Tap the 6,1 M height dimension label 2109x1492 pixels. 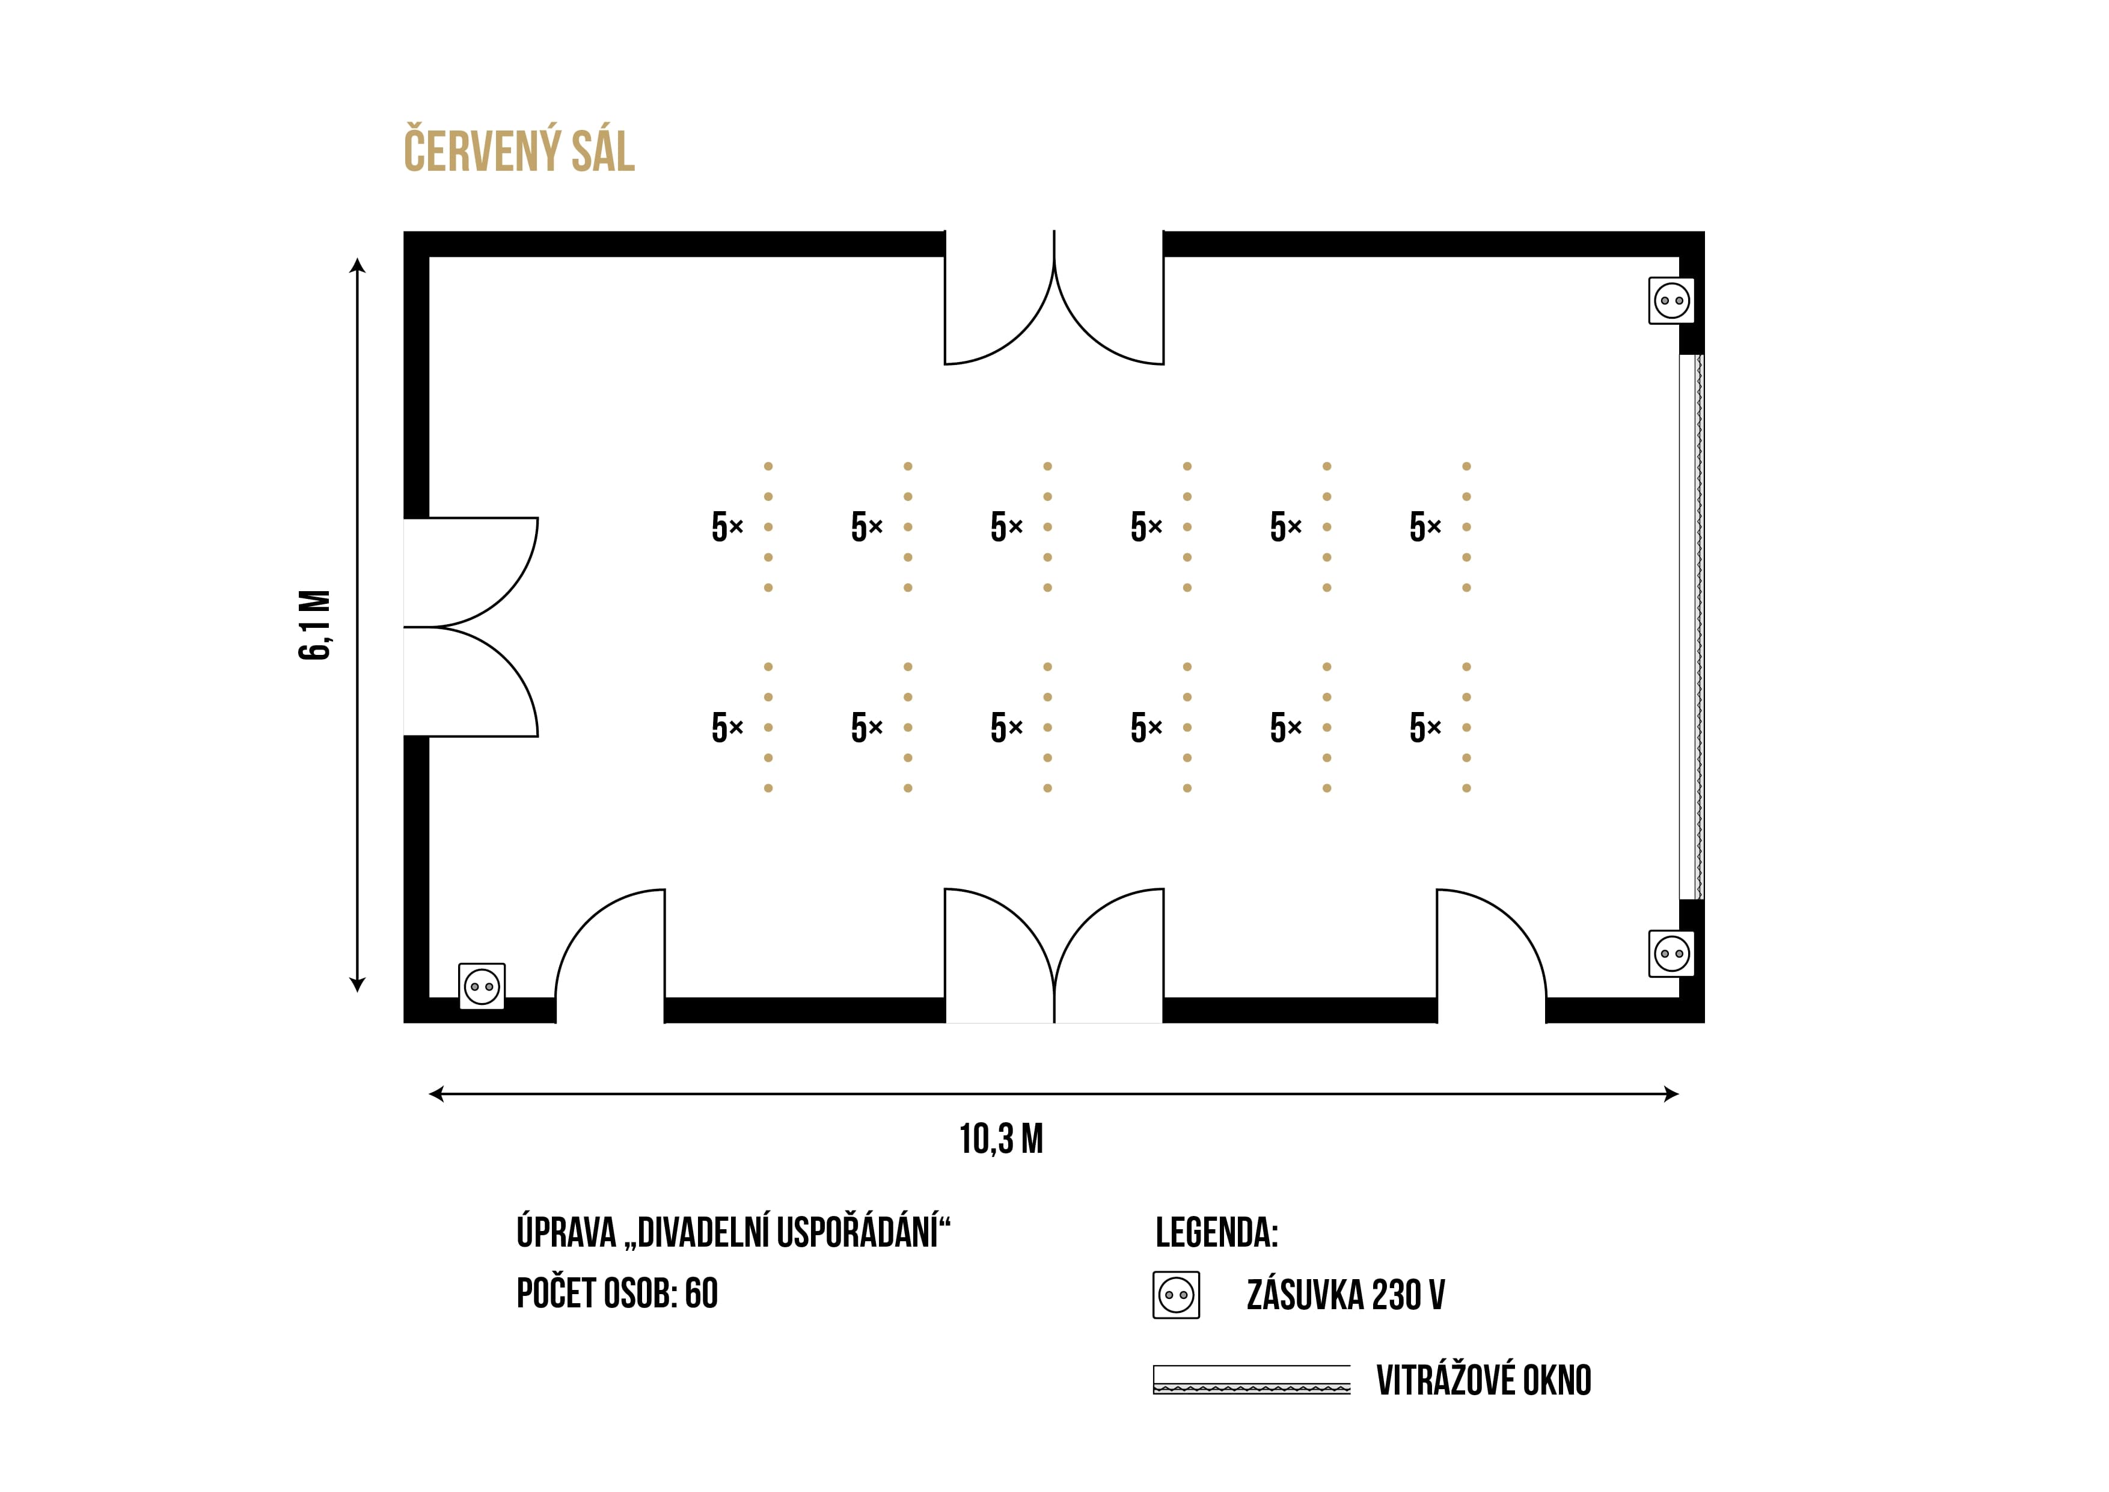coord(314,625)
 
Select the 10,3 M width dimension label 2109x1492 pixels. coord(1001,1139)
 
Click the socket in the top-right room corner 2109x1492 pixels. coord(1672,301)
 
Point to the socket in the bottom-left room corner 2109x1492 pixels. coord(482,987)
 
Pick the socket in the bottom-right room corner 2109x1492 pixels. coord(1672,954)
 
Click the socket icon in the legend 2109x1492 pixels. coord(1177,1295)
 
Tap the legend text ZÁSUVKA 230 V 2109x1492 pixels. coord(1345,1295)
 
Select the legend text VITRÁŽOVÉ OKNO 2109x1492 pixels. coord(1484,1380)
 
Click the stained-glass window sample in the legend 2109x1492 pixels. coord(1252,1380)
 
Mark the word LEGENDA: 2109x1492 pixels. coord(1216,1233)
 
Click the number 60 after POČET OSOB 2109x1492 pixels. coord(701,1294)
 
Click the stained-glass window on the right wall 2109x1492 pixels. coord(1691,627)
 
